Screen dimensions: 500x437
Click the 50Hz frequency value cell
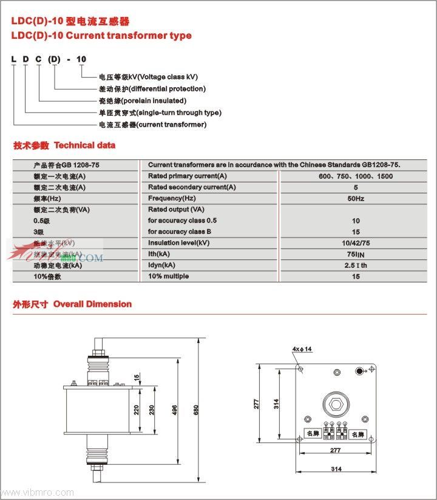click(x=356, y=198)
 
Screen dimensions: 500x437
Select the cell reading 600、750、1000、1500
click(x=356, y=176)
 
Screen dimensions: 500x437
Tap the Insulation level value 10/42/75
click(x=356, y=243)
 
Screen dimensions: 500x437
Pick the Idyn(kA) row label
click(x=161, y=265)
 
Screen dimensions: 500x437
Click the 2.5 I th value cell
click(x=356, y=265)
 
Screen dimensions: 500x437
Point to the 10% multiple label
click(x=168, y=276)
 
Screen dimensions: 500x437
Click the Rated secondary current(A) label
click(x=192, y=187)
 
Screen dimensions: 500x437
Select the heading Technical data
click(x=84, y=145)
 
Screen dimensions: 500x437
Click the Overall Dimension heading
click(x=92, y=304)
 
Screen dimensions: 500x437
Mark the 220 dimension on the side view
click(x=137, y=410)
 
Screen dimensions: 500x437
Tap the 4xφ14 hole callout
click(x=302, y=349)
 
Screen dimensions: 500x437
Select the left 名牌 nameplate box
click(x=313, y=434)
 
